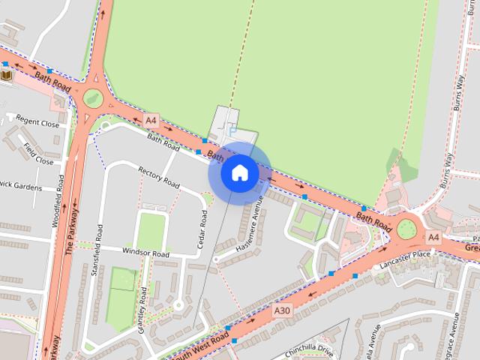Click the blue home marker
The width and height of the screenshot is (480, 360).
pyautogui.click(x=239, y=172)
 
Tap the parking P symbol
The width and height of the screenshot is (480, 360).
pyautogui.click(x=232, y=130)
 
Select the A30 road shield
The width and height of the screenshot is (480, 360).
pyautogui.click(x=282, y=310)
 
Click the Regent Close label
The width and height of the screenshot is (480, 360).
pyautogui.click(x=37, y=122)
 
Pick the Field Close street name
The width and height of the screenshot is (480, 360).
pyautogui.click(x=37, y=153)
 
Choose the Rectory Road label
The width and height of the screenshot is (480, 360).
pyautogui.click(x=159, y=178)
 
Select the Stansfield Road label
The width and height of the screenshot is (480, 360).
pyautogui.click(x=96, y=250)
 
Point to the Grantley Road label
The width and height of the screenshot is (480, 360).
pyautogui.click(x=142, y=307)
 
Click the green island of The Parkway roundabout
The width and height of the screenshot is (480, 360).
pyautogui.click(x=93, y=97)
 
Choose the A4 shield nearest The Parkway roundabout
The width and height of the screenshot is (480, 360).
pyautogui.click(x=151, y=120)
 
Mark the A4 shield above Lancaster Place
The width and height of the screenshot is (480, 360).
pyautogui.click(x=433, y=237)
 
